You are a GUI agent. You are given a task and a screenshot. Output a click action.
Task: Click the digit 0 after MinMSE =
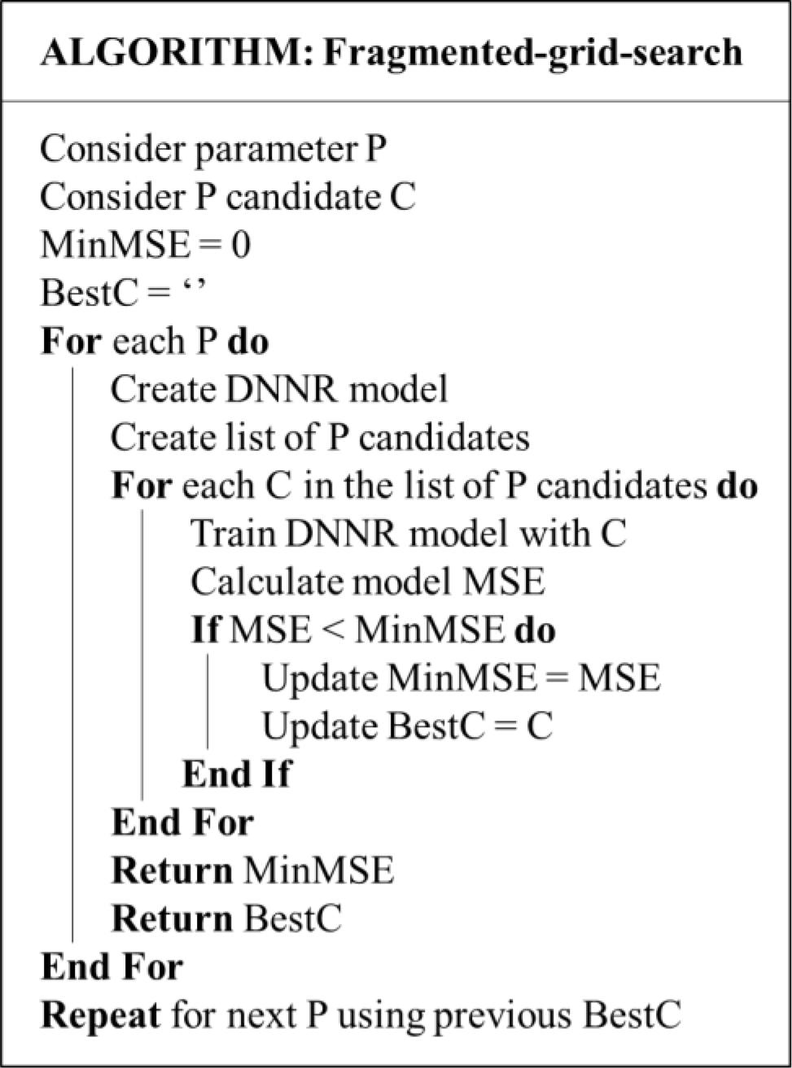(x=241, y=246)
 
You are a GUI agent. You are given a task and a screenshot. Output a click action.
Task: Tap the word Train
(x=234, y=534)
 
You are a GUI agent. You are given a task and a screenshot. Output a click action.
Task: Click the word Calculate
(x=267, y=582)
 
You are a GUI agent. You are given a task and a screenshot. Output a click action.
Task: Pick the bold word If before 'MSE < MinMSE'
(x=206, y=630)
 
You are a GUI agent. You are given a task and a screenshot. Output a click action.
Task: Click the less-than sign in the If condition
(x=333, y=631)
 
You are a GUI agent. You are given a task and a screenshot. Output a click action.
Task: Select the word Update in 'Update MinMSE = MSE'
(x=320, y=680)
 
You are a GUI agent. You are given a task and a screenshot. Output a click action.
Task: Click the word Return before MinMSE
(x=172, y=870)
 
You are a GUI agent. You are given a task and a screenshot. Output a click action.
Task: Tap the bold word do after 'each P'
(x=247, y=341)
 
